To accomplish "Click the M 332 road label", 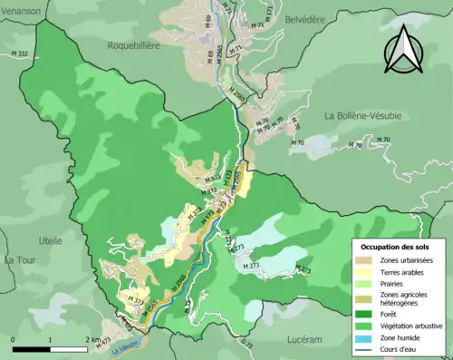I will pos(18,55).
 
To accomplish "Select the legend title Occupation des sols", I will pos(399,246).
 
